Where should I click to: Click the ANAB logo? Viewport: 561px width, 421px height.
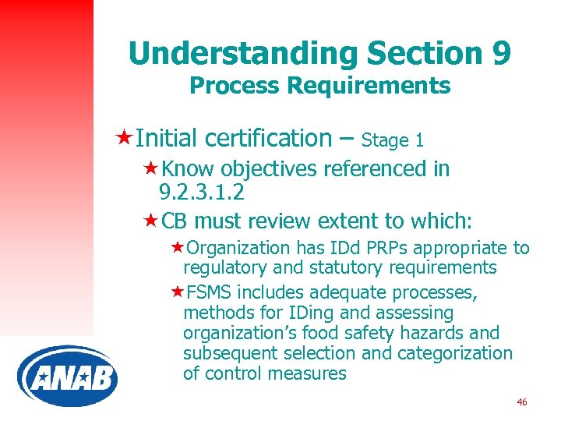point(67,378)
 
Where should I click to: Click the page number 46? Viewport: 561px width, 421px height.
point(521,402)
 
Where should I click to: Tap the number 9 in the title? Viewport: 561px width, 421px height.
point(501,53)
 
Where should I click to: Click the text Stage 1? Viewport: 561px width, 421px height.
point(393,140)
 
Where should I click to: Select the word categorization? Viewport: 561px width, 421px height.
point(455,353)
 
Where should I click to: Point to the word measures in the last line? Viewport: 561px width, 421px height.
point(314,373)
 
